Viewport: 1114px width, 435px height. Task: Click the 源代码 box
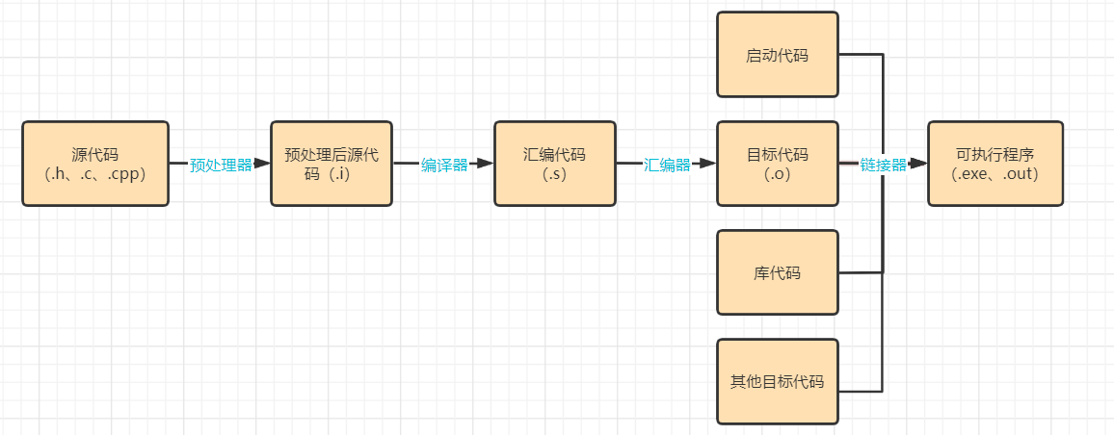pos(95,164)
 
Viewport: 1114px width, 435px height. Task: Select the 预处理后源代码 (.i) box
pos(332,164)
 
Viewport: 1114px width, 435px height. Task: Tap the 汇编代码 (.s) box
pos(554,164)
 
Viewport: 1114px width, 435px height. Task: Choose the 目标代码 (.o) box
pos(777,164)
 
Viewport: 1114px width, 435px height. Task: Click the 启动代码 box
pos(777,55)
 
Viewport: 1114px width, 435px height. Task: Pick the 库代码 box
pos(777,272)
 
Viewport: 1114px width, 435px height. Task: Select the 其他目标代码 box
pos(777,381)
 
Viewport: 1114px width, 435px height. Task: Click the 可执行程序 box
pos(995,164)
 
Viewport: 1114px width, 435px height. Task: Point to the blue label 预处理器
pos(221,165)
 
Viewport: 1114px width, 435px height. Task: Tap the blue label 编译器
pos(444,165)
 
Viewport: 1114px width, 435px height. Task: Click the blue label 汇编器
pos(667,165)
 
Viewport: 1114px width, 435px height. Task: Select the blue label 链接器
pos(883,165)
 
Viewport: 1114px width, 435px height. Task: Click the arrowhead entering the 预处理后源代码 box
pos(263,164)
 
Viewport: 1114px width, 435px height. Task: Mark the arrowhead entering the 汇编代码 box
pos(486,164)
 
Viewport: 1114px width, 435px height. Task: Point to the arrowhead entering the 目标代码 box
pos(708,164)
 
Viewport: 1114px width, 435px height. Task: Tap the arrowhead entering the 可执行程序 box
pos(919,164)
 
